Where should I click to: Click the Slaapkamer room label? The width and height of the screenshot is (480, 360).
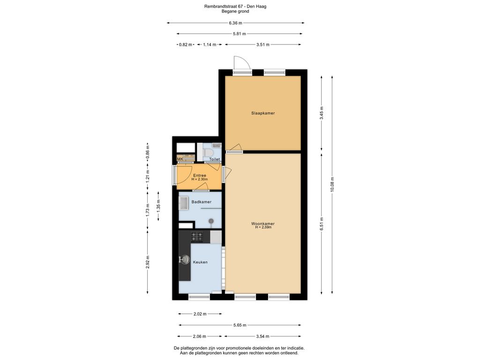pos(263,113)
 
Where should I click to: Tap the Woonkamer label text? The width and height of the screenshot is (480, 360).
pos(263,224)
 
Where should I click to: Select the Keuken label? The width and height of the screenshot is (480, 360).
pos(200,262)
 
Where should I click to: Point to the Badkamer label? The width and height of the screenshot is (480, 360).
pos(202,202)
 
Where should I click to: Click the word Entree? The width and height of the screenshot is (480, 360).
pos(200,175)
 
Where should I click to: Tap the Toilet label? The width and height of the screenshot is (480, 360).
pos(215,159)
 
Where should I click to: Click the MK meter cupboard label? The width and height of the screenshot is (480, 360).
pos(180,159)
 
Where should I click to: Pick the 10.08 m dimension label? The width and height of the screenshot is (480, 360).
pos(332,185)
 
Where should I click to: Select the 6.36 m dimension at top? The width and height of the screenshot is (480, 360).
pos(235,22)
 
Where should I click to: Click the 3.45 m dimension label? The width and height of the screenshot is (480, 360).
pos(322,113)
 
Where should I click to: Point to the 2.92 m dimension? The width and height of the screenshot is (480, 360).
pos(148,262)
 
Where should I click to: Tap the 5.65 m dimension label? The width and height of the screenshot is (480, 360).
pos(240,325)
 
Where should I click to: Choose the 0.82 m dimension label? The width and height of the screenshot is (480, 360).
pos(185,45)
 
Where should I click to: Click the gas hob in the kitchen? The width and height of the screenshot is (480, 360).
pos(197,237)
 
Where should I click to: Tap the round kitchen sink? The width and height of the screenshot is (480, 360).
pos(185,260)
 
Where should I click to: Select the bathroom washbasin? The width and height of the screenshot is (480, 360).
pos(184,203)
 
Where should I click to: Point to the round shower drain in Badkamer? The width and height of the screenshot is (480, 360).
pos(211,221)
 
